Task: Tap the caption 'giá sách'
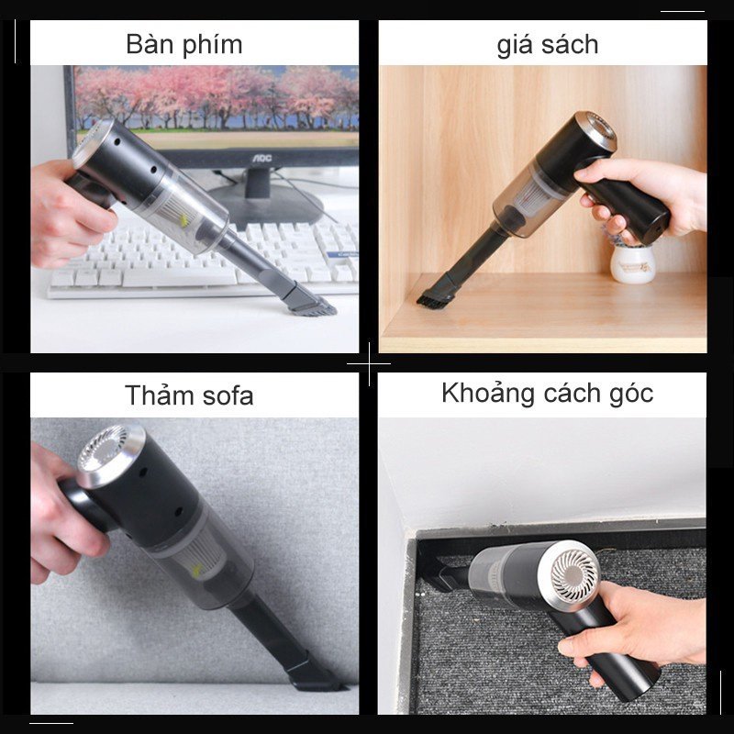pyautogui.click(x=547, y=44)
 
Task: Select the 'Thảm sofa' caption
pyautogui.click(x=189, y=395)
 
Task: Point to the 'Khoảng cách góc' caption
pyautogui.click(x=547, y=394)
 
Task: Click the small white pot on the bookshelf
pyautogui.click(x=633, y=261)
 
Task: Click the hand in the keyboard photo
pyautogui.click(x=64, y=216)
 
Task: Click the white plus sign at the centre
pyautogui.click(x=367, y=364)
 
